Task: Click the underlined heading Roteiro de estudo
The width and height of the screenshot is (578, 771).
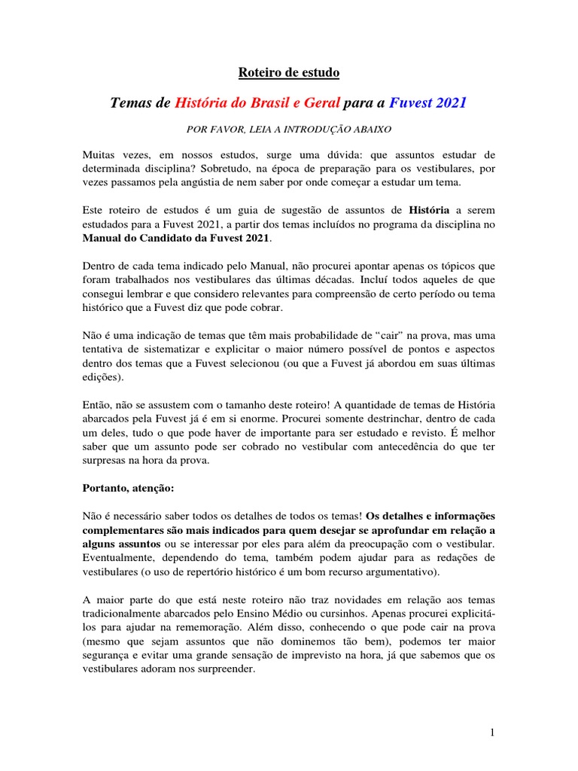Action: pyautogui.click(x=289, y=73)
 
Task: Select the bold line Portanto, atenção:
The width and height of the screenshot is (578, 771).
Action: pyautogui.click(x=128, y=487)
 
